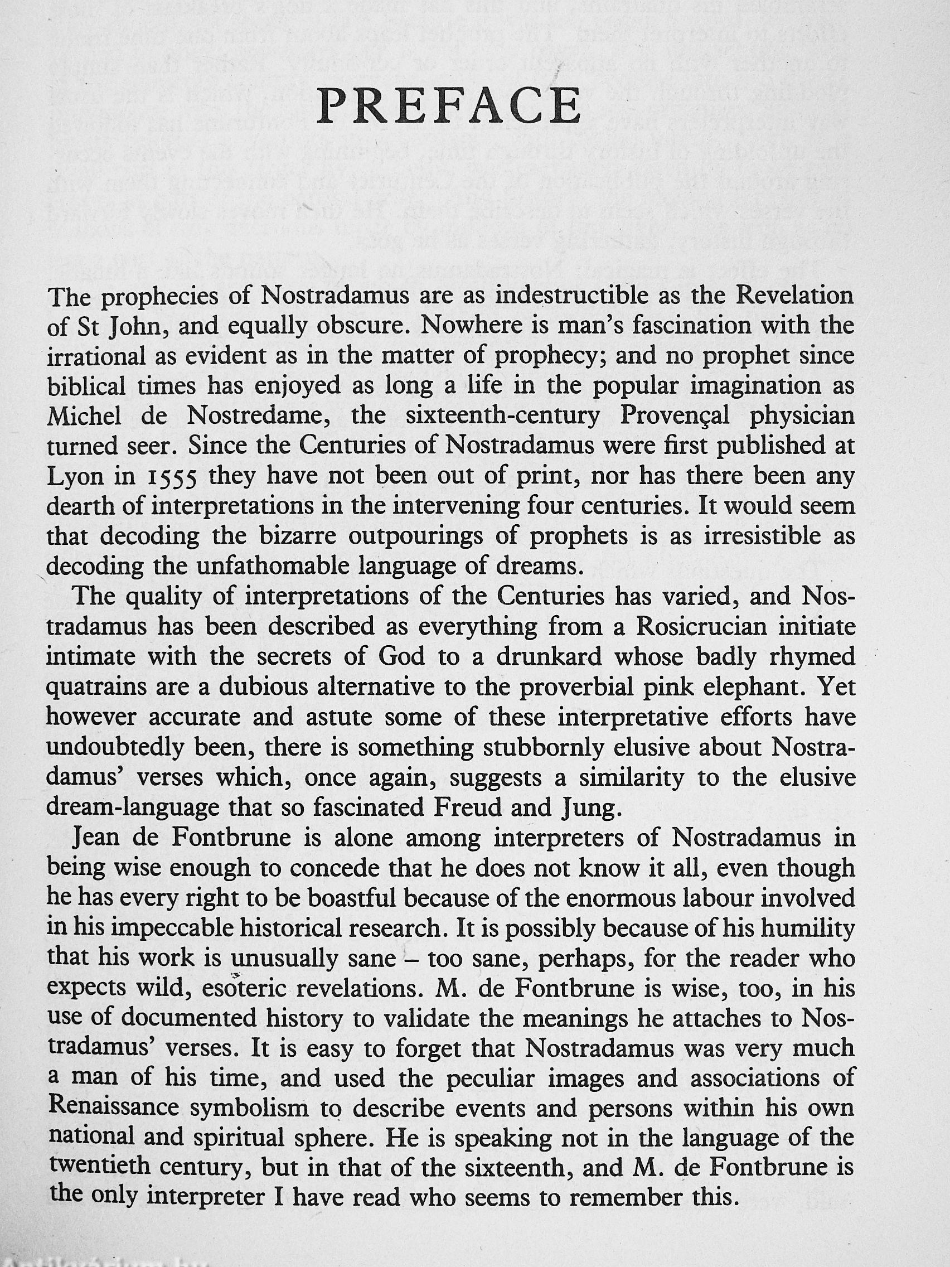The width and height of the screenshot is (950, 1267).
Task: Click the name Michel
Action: tap(84, 416)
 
